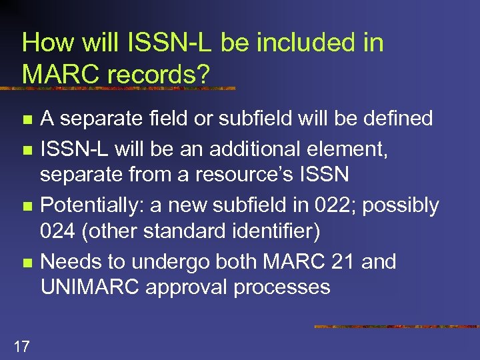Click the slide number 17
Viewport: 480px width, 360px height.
click(21, 345)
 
